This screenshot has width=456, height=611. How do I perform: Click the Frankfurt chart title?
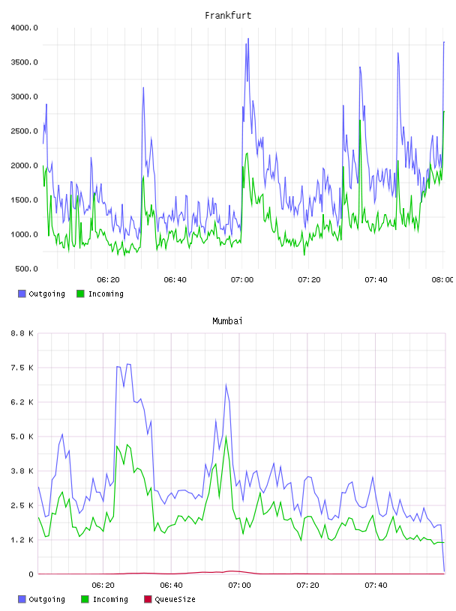coord(228,16)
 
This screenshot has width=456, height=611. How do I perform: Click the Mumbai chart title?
coord(227,321)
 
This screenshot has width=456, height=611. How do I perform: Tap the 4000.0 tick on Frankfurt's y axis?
coord(25,28)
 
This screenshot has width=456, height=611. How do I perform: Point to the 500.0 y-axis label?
coord(26,269)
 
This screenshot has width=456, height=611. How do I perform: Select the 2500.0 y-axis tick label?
coord(25,131)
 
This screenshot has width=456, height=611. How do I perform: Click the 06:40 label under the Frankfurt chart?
coord(175,280)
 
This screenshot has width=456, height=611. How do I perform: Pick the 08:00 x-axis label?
coord(442,280)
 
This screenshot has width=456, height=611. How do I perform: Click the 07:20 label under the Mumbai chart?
coord(307,586)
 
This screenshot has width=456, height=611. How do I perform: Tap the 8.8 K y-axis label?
coord(22,333)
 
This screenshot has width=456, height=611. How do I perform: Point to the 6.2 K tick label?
coord(22,402)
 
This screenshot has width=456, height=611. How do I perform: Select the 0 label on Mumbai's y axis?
coord(31,574)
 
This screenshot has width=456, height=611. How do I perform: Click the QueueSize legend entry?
coord(175,599)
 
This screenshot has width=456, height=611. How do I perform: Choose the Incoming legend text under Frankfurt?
coord(106,294)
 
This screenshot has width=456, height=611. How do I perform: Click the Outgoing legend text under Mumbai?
coord(46,599)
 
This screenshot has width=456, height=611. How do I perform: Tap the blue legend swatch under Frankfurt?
coord(22,294)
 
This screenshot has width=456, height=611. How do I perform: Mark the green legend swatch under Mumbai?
coord(85,599)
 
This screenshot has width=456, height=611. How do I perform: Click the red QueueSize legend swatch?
coord(148,599)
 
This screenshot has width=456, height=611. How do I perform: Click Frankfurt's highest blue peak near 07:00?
coord(248,39)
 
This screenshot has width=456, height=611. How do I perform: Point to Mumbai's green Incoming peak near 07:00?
coord(226,437)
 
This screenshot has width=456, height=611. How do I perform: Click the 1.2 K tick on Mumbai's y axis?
coord(22,540)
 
